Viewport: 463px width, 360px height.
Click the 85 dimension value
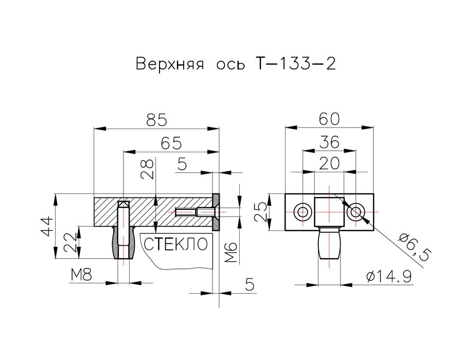[x=157, y=120]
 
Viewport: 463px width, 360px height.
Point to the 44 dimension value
[x=47, y=227]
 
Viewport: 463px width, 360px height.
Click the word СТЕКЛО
[x=176, y=243]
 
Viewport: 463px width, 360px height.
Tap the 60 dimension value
[x=329, y=119]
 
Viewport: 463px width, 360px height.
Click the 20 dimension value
[x=329, y=164]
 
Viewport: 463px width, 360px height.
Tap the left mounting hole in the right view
[x=302, y=211]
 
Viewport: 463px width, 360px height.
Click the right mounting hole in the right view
[x=355, y=211]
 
